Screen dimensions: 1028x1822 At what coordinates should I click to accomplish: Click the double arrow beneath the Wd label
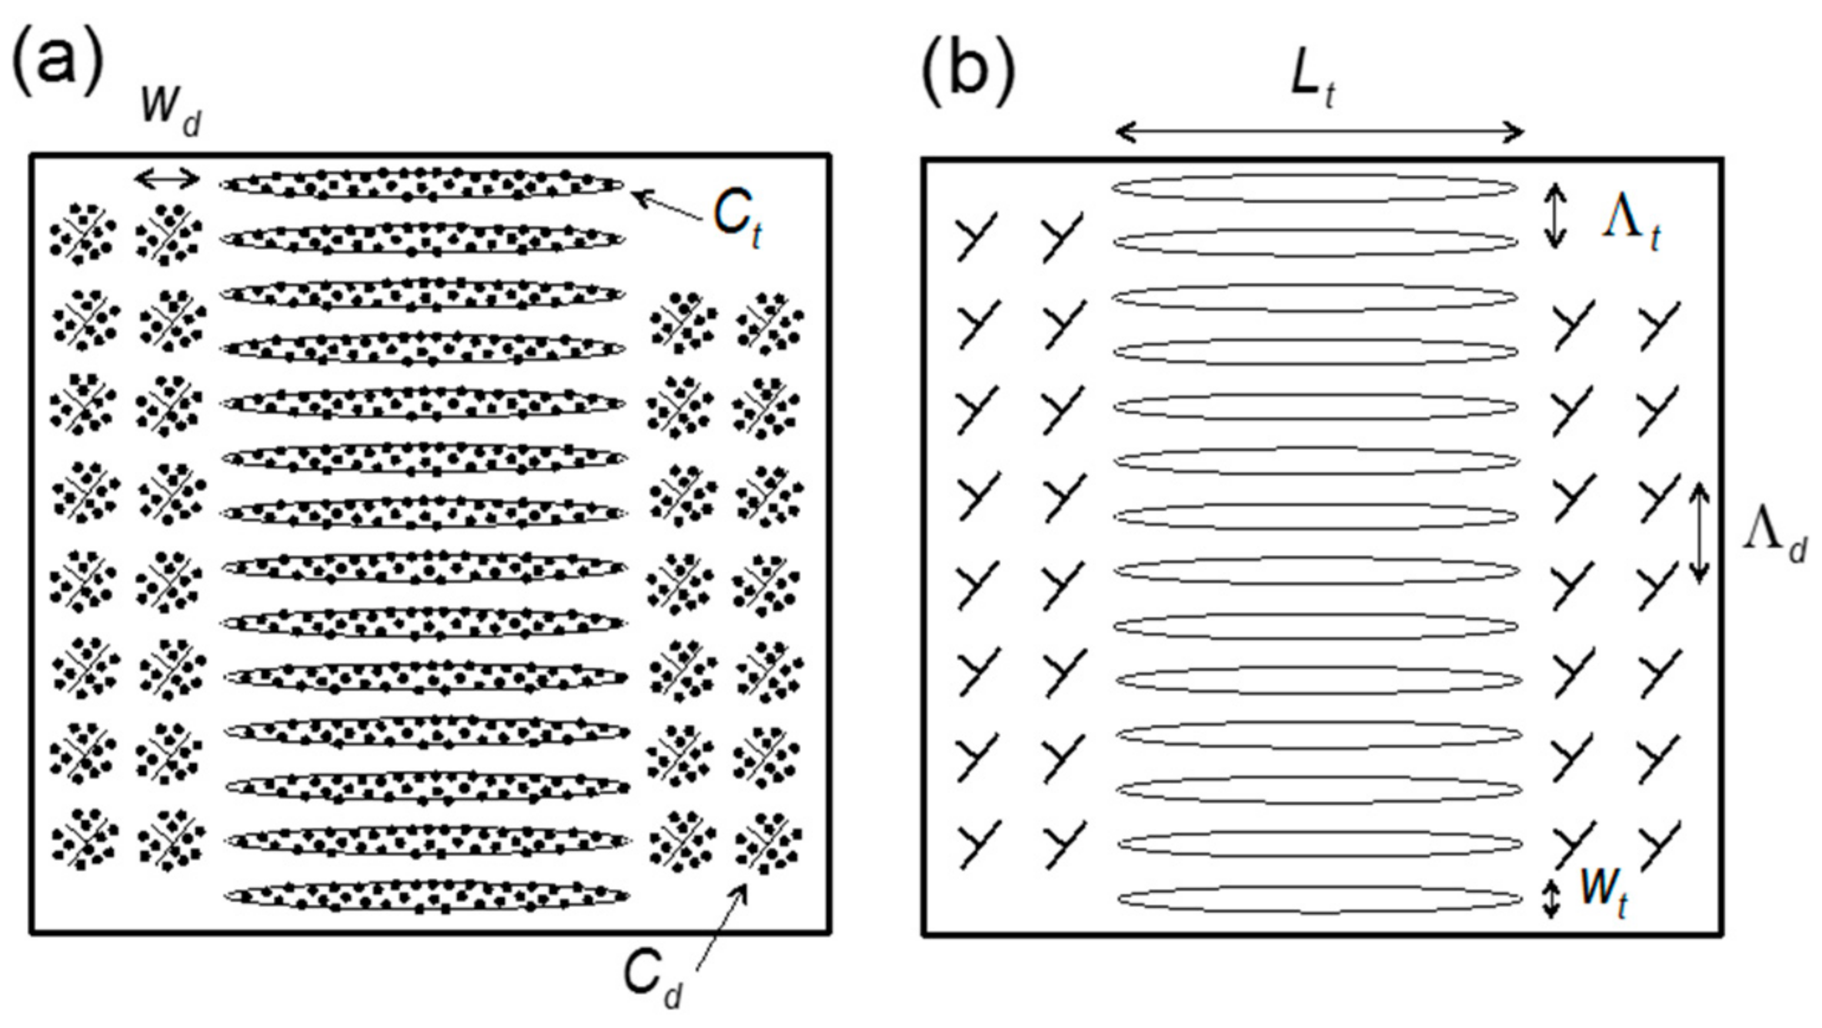tap(167, 180)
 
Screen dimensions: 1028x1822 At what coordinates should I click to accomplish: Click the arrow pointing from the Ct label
tap(667, 207)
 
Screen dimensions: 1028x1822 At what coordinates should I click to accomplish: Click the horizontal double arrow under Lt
tap(1319, 132)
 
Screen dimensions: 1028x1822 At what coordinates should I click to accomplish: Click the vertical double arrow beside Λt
tap(1555, 215)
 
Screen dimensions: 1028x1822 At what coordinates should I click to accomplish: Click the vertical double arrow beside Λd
tap(1699, 532)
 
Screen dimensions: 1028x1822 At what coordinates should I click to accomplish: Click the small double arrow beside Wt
tap(1551, 899)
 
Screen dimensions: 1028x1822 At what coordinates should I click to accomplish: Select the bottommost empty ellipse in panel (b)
tap(1320, 899)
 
